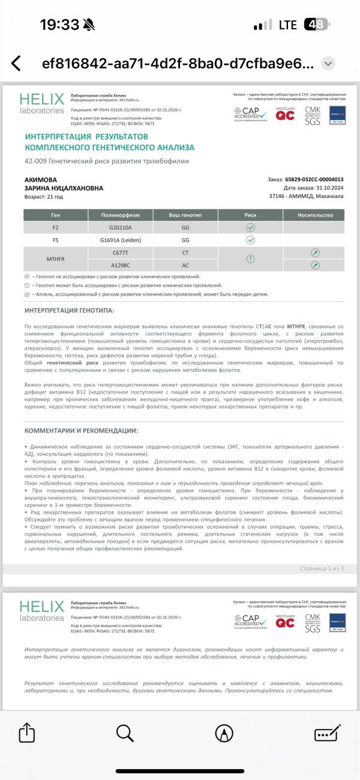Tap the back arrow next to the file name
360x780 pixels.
click(x=16, y=64)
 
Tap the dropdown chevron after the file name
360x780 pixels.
click(x=328, y=64)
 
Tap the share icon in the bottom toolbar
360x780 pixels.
click(x=27, y=733)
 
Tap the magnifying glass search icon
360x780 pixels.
click(x=125, y=733)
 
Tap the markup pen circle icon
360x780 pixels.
click(x=224, y=733)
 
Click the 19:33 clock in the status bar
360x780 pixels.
click(x=59, y=25)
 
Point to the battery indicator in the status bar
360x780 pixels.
click(x=316, y=25)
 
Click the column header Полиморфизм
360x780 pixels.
click(x=120, y=215)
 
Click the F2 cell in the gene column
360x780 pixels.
click(x=56, y=227)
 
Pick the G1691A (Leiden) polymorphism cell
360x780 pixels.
click(x=120, y=240)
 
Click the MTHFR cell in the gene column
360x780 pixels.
click(x=56, y=259)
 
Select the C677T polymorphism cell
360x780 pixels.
click(x=120, y=253)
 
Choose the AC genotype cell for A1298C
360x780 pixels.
click(x=185, y=265)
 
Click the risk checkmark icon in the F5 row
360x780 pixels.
click(x=250, y=240)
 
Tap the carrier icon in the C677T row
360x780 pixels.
click(x=314, y=253)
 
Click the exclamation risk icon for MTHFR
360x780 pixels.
click(x=250, y=259)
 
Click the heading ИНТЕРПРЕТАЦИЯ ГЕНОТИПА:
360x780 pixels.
click(x=69, y=310)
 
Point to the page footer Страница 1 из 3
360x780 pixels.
click(x=321, y=568)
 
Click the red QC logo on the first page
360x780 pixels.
click(x=285, y=114)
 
